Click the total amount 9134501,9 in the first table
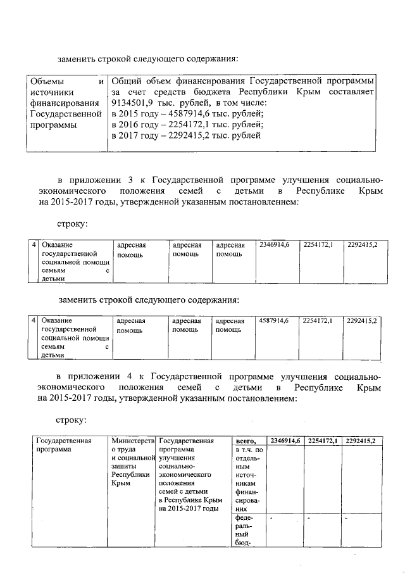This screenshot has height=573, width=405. (130, 103)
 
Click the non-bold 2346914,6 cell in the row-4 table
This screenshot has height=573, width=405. (274, 244)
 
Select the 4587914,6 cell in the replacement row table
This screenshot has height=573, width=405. (274, 321)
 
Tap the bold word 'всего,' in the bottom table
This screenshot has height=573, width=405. (245, 441)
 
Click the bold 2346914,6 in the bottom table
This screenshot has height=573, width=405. (285, 441)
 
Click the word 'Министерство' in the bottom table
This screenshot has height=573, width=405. (132, 441)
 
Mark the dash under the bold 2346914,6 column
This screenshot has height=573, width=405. (271, 519)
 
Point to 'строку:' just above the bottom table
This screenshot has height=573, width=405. (72, 419)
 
